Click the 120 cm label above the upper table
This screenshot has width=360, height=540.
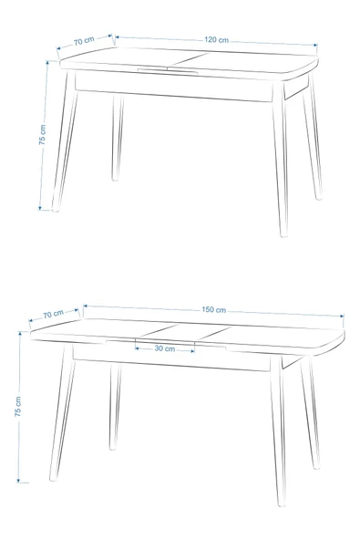pyautogui.click(x=216, y=40)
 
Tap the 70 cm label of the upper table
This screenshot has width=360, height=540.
pyautogui.click(x=84, y=40)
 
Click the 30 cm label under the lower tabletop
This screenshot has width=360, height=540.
pyautogui.click(x=165, y=348)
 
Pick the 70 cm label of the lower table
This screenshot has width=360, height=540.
pyautogui.click(x=53, y=314)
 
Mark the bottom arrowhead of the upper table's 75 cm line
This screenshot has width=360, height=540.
pyautogui.click(x=39, y=207)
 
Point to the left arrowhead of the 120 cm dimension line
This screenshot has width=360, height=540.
pyautogui.click(x=118, y=37)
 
